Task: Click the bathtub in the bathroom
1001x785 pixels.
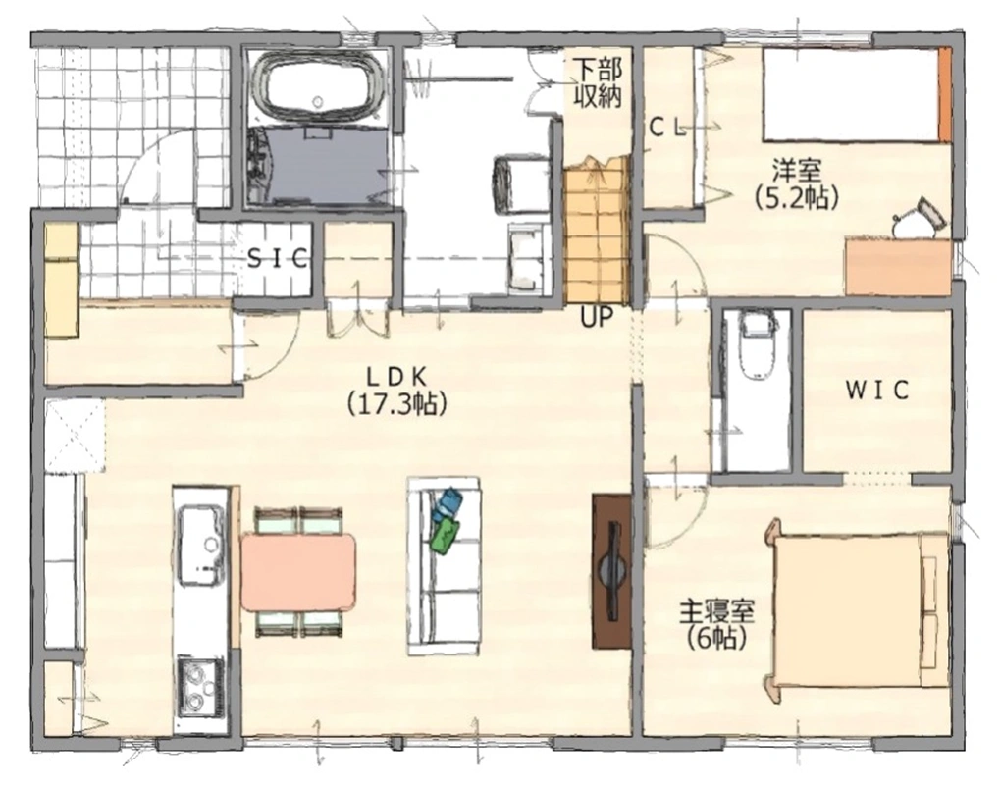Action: (317, 86)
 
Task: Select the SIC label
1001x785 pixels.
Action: (278, 258)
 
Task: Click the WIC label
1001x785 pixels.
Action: (877, 391)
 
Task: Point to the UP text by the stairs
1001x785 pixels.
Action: (597, 317)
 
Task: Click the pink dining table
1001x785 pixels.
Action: (297, 572)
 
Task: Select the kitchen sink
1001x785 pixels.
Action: (202, 546)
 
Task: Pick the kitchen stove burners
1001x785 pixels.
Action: (201, 686)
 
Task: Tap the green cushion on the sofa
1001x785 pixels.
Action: (445, 535)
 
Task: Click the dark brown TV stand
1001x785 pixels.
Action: (611, 571)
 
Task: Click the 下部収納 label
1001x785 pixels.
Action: (597, 82)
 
